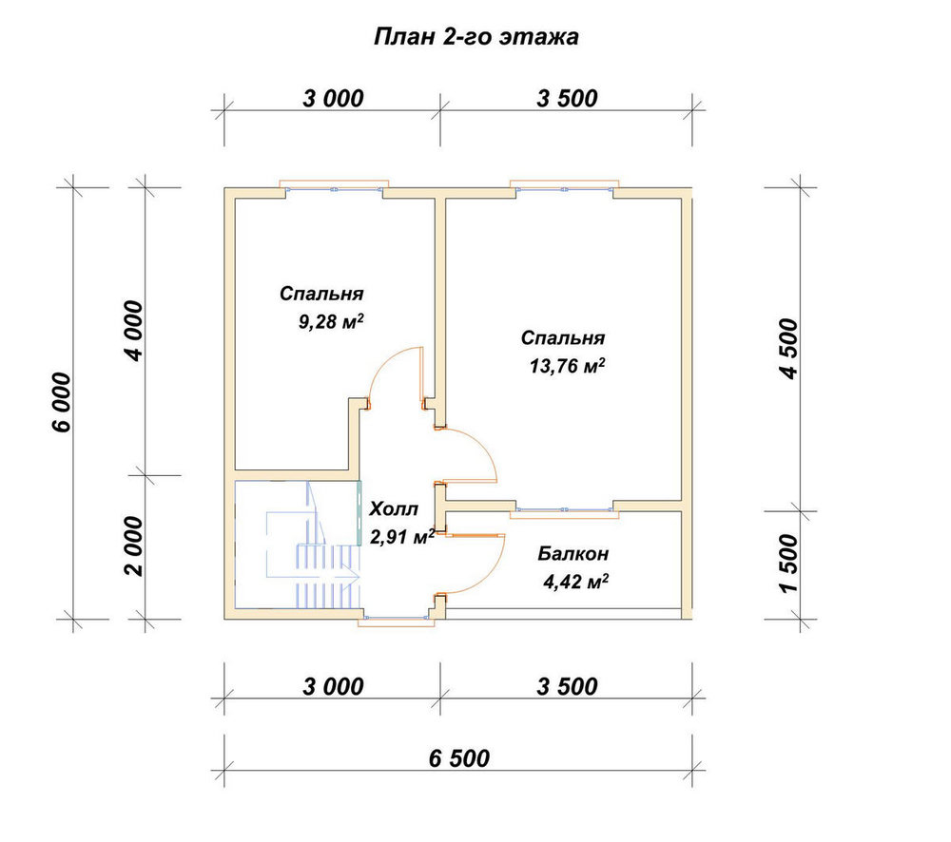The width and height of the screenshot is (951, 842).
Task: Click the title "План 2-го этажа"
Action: [x=475, y=37]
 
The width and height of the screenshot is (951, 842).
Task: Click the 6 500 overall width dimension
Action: [x=459, y=758]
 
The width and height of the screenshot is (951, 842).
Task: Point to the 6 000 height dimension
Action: [x=63, y=403]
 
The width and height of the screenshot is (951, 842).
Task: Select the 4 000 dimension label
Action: [x=134, y=331]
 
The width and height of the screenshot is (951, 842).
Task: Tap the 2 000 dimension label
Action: [x=134, y=546]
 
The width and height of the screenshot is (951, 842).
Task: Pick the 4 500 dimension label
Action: [x=789, y=349]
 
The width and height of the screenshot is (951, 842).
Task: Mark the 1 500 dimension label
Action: [x=789, y=564]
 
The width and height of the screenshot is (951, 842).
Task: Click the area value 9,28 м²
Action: [x=331, y=320]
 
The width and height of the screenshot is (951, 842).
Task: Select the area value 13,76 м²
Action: [x=567, y=366]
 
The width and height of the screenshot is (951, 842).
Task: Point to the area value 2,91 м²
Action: [x=402, y=537]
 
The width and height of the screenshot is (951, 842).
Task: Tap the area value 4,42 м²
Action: [x=575, y=582]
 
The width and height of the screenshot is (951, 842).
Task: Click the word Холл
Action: [x=394, y=508]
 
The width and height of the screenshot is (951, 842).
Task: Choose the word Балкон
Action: [x=573, y=553]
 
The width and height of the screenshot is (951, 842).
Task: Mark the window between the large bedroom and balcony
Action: [x=564, y=510]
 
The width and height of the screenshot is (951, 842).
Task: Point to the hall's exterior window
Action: [x=397, y=621]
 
